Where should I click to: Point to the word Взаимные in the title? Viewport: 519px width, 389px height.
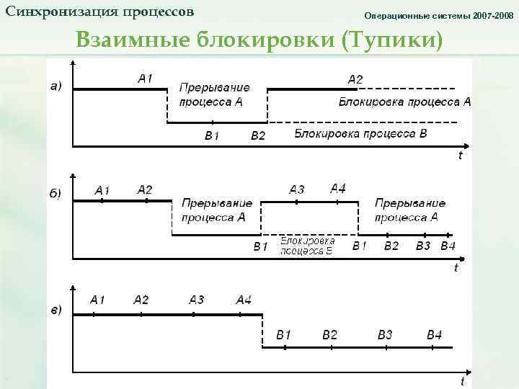coord(132,40)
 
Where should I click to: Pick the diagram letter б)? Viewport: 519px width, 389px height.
coord(56,193)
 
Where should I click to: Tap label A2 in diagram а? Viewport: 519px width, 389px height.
coord(355,79)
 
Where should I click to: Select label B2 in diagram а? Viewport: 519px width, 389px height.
coord(257,135)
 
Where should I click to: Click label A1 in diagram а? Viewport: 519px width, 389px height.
coord(145,79)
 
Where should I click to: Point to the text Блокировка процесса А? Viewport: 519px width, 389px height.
coord(404,102)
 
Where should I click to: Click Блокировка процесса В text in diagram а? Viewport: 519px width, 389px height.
coord(360,134)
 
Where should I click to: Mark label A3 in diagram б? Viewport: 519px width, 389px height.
coord(297,189)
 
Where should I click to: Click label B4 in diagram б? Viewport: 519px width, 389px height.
coord(448,246)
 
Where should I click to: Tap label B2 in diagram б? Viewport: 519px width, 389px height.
coord(391,246)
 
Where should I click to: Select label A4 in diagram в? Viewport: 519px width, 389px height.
coord(244,300)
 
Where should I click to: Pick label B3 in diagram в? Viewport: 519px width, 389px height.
coord(385,335)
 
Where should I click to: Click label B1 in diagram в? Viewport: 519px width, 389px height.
coord(284,335)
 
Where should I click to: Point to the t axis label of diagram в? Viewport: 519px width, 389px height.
coord(462,380)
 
